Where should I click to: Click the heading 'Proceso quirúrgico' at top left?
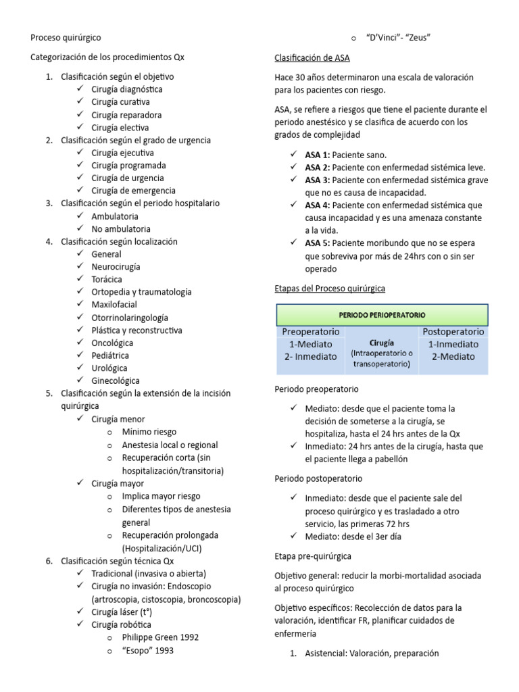tap(66, 38)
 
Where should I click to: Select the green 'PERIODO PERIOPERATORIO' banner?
tap(381, 314)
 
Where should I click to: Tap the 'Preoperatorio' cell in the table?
tap(310, 332)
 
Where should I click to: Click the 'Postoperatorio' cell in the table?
tap(453, 332)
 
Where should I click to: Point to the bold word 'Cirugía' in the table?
tap(381, 343)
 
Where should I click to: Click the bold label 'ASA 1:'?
tap(318, 155)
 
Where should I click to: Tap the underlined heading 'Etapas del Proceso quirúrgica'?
tap(330, 289)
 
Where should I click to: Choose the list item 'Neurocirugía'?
tap(116, 267)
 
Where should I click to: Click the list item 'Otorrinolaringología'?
tap(130, 318)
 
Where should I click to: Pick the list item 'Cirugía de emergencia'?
tap(133, 191)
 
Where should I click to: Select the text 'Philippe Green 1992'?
tap(160, 637)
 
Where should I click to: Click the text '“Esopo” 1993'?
tap(148, 651)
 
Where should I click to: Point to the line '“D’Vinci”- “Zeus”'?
tap(397, 38)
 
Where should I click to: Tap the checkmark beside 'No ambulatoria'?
tap(80, 229)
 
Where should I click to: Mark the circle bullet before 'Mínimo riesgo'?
tap(110, 432)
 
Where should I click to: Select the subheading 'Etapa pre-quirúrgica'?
tap(313, 556)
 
